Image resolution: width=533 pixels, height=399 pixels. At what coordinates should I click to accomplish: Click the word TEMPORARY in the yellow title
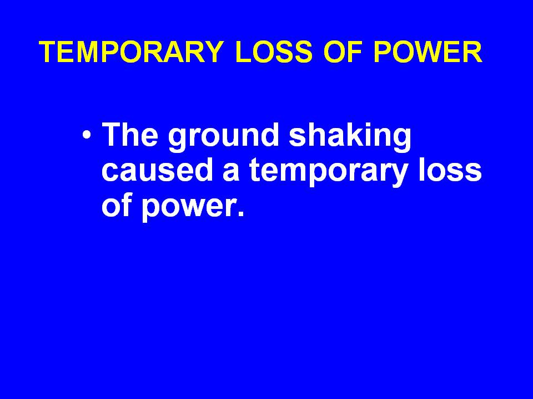131,52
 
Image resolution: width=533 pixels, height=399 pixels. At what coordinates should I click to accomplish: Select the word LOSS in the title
274,52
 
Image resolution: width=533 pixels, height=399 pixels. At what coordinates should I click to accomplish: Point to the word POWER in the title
428,52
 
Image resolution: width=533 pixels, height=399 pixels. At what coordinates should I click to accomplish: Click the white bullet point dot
87,135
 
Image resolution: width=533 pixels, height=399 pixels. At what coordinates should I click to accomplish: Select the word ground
224,137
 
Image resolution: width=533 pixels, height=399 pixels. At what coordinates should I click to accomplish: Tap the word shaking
350,137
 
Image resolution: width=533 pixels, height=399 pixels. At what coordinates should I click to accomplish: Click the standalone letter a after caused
231,172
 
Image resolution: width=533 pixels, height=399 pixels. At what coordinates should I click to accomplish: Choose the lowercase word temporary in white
328,172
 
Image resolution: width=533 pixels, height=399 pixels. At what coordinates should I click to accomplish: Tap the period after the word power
241,213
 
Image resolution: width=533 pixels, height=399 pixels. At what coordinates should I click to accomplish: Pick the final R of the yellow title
472,52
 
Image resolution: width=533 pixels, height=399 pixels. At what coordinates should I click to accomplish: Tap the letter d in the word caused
204,169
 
